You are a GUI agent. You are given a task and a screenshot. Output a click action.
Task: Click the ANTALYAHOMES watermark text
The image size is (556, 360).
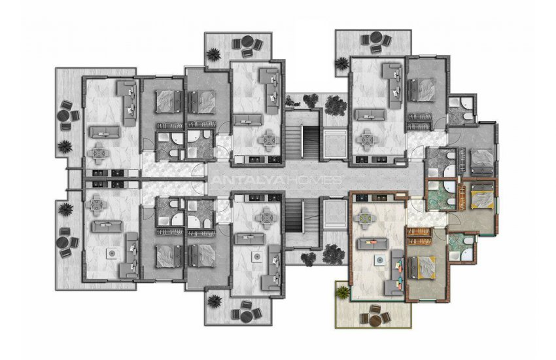(x=277, y=180)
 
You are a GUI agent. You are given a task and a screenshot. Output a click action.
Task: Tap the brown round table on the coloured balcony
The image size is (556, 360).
(x=375, y=321)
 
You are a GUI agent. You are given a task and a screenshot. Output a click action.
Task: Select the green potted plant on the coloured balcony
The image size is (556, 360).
(x=343, y=293)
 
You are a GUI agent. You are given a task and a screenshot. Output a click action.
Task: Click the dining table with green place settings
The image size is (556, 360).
(x=365, y=215)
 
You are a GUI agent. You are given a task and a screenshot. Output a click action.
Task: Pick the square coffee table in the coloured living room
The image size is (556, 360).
(x=380, y=260)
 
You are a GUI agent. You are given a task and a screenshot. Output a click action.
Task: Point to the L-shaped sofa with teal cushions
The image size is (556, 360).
(x=394, y=272)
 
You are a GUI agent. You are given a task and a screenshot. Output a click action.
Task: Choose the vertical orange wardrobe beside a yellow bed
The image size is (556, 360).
(x=462, y=198)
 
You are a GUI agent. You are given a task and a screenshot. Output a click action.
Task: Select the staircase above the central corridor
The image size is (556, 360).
(x=302, y=141)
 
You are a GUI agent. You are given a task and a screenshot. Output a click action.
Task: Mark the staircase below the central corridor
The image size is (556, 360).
(x=302, y=215)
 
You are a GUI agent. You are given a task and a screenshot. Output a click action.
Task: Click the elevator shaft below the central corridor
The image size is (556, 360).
(x=335, y=213)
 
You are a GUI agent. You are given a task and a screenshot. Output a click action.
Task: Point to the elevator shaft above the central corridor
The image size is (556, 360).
(x=335, y=143)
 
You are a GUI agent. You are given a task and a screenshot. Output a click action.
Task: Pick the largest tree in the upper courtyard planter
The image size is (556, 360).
(x=335, y=104)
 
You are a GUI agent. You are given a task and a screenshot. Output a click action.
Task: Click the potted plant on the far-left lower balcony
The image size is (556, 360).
(x=65, y=209)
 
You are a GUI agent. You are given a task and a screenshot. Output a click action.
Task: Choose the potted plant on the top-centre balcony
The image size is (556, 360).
(x=213, y=54)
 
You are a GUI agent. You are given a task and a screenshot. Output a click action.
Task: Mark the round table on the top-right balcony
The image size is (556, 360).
(x=376, y=37)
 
